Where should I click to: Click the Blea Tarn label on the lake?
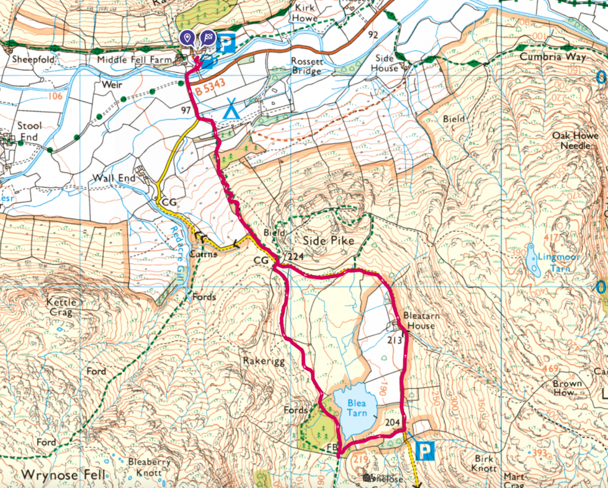[356, 407]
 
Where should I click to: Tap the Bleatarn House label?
[422, 320]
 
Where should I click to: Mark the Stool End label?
[28, 132]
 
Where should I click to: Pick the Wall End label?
[114, 178]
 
